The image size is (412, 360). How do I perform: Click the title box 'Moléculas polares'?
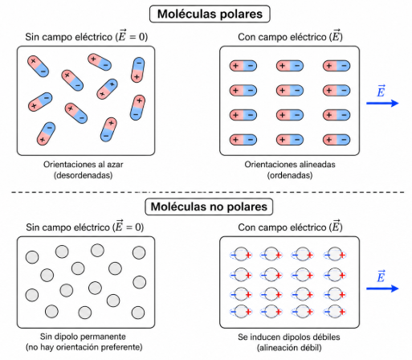click(x=210, y=14)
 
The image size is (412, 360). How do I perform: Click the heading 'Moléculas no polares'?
click(x=209, y=207)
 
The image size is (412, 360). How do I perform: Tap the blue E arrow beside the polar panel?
click(x=382, y=103)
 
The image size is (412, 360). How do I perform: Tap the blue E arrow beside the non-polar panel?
click(x=382, y=288)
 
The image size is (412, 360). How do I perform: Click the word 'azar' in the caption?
click(x=114, y=164)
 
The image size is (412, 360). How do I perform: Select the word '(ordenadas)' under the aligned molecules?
click(x=290, y=175)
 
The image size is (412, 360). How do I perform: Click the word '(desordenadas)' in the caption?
click(x=83, y=175)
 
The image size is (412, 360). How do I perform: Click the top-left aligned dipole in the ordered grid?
click(x=243, y=66)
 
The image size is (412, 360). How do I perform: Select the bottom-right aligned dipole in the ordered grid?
click(x=337, y=140)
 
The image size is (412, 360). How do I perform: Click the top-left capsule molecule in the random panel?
click(x=38, y=67)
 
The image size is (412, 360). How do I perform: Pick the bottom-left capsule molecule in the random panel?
click(x=46, y=134)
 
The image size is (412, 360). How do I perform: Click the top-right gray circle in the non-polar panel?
click(x=139, y=252)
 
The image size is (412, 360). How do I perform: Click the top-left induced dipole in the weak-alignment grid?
click(x=241, y=254)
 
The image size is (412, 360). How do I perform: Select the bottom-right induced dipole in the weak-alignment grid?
click(x=335, y=312)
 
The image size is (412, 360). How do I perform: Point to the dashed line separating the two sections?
click(x=208, y=192)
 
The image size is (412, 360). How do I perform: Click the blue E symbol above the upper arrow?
click(x=381, y=91)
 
